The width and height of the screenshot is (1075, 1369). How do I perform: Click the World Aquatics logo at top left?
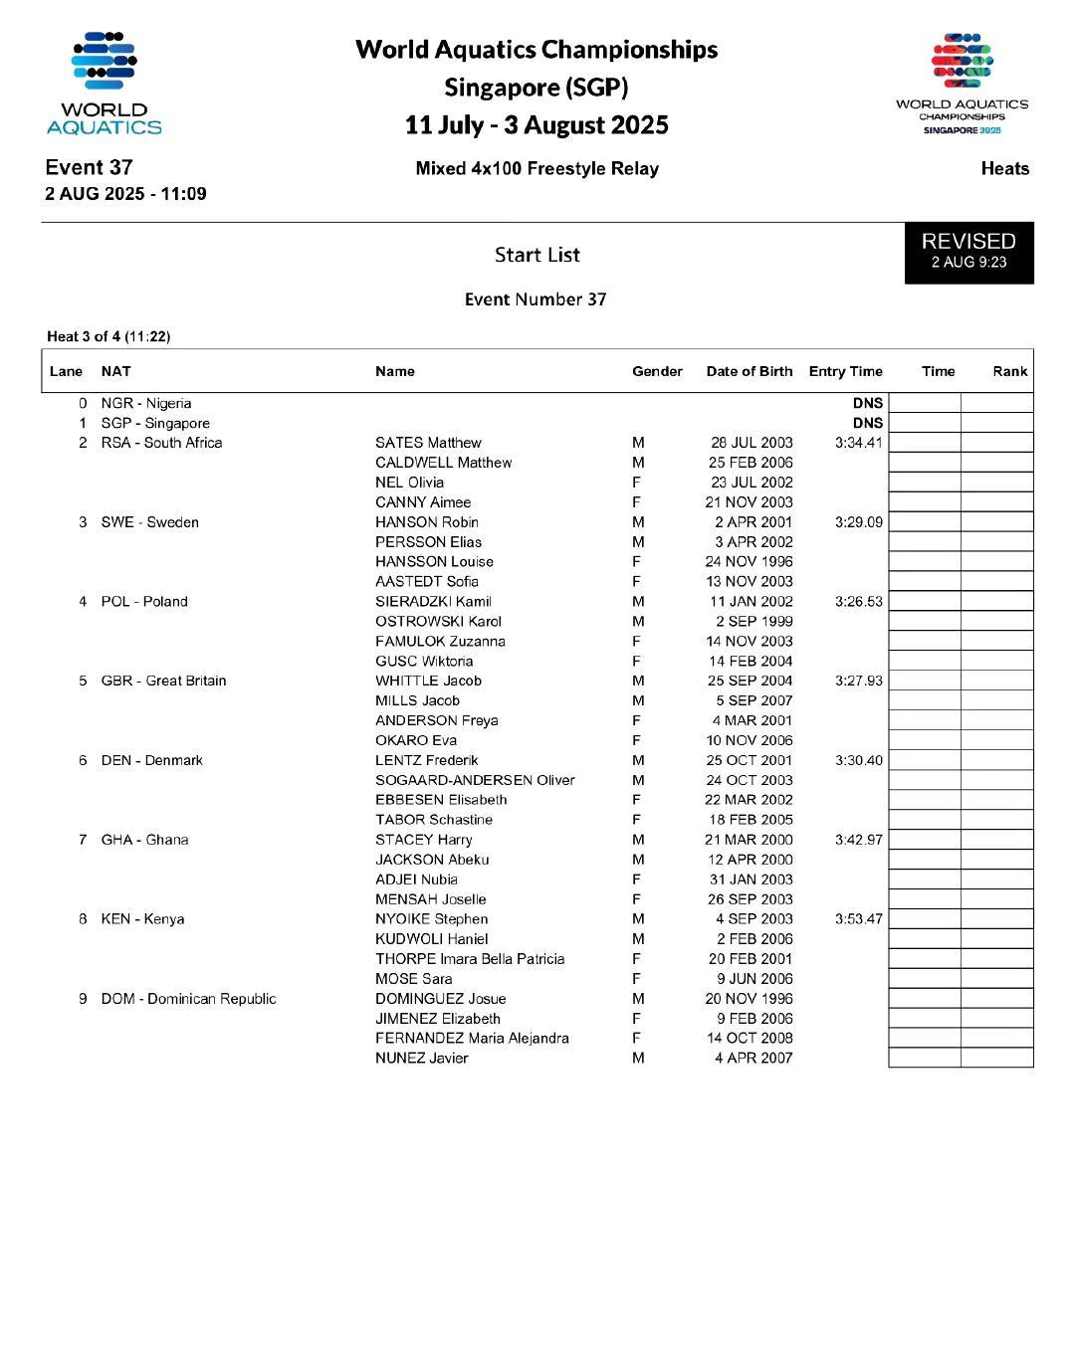coord(104,84)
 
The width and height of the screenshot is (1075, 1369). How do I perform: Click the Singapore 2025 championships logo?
coord(962,84)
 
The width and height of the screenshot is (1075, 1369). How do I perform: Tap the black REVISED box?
coord(968,252)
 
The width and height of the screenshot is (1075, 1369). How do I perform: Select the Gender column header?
coord(657,371)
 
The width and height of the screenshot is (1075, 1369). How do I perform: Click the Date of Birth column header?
coord(750,371)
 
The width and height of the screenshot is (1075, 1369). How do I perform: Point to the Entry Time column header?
coord(845,371)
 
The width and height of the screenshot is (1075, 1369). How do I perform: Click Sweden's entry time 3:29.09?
coord(858,522)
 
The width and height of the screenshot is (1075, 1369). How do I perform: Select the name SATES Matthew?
coord(428,443)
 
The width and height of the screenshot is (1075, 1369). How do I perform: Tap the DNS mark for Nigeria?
coord(867,403)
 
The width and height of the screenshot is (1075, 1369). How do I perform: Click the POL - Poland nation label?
coord(144,602)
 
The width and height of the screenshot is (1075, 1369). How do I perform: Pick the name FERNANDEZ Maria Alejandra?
coord(472,1038)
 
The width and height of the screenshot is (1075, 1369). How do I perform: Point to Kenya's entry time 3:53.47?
coord(858,919)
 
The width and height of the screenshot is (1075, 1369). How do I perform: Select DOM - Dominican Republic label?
coord(188,999)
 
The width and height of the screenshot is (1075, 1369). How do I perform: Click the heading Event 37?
coord(89,167)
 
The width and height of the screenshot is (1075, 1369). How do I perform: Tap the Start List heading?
coord(537,255)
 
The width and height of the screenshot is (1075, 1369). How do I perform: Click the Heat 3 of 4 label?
coord(108,336)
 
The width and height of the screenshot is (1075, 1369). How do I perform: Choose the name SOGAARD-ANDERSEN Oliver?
coord(475,780)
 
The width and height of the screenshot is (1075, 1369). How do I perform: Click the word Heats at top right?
coord(1004,168)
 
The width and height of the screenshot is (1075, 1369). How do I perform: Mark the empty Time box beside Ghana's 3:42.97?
coord(924,840)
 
